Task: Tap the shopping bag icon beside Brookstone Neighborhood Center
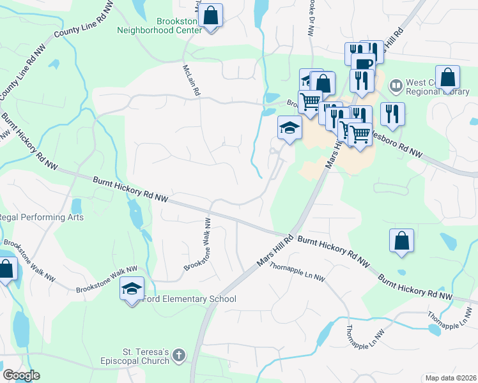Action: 210,15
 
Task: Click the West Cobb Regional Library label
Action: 435,87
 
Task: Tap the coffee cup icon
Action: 362,64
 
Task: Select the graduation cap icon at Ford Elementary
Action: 132,289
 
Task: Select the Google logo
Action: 22,375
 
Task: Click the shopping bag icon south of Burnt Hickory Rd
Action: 401,241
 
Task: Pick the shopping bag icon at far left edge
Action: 6,269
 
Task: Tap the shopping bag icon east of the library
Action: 447,78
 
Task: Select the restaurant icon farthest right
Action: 392,114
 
